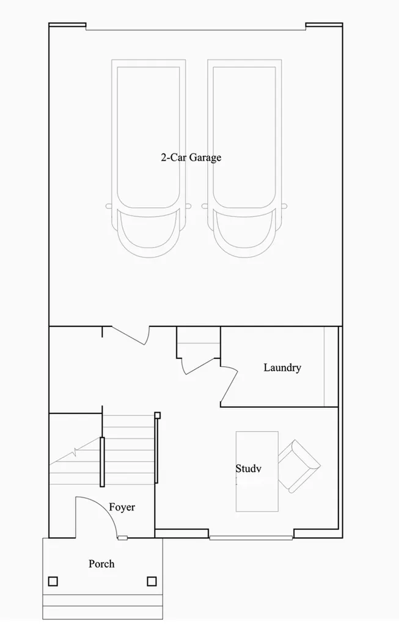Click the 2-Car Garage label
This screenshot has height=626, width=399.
pyautogui.click(x=191, y=157)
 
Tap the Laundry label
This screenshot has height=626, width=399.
pyautogui.click(x=282, y=367)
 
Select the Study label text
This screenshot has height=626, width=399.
pyautogui.click(x=248, y=468)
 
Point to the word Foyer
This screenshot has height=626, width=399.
pyautogui.click(x=122, y=507)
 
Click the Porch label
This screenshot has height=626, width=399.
pyautogui.click(x=101, y=564)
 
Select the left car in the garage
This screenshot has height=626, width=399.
pyautogui.click(x=148, y=158)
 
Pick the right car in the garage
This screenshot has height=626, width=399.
pyautogui.click(x=244, y=158)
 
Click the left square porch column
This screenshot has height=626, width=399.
pyautogui.click(x=53, y=581)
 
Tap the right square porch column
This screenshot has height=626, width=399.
pyautogui.click(x=152, y=581)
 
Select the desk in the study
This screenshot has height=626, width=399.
pyautogui.click(x=257, y=471)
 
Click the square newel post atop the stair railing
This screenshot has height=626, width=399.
pyautogui.click(x=158, y=415)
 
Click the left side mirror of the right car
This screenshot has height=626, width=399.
pyautogui.click(x=205, y=206)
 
